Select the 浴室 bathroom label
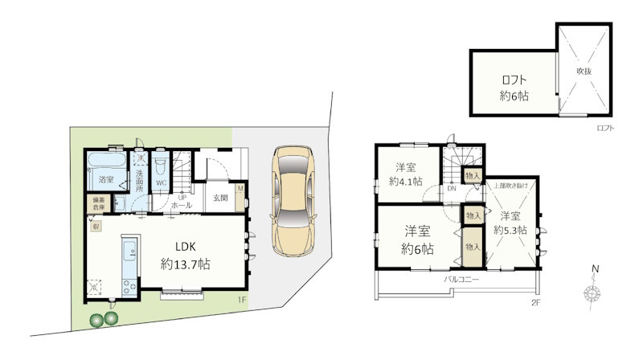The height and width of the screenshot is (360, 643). pos(106,179)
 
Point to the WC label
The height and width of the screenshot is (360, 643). pos(160,183)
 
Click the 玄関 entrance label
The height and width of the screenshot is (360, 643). pos(220,197)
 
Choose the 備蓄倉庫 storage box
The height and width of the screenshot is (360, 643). pos(96,204)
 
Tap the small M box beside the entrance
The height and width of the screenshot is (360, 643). pos(240,189)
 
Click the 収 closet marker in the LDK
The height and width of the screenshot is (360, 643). pos(95,227)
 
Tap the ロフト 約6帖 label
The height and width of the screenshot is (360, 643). pos(514,87)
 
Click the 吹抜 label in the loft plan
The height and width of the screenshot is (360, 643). pos(584,71)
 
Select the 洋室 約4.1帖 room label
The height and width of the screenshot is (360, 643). pos(405,174)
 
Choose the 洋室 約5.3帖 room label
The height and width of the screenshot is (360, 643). pos(510,223)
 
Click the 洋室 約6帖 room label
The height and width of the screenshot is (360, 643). pos(418,239)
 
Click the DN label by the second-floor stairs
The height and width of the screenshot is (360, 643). pos(452,189)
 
